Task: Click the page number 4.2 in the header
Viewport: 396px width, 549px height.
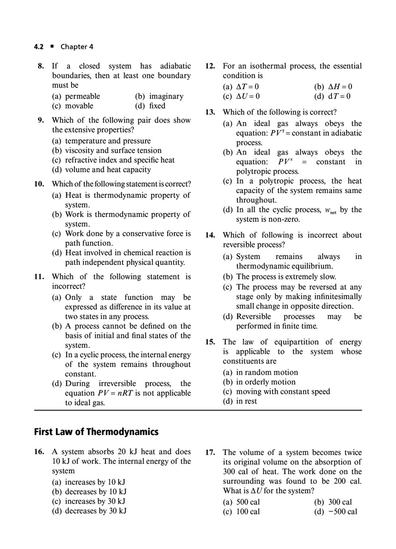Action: [x=39, y=47]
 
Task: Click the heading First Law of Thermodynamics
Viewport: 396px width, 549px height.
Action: [x=96, y=432]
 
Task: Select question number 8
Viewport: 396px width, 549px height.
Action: [x=41, y=66]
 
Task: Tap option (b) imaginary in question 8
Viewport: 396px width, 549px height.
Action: [x=159, y=96]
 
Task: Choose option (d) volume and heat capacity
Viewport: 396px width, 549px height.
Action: [x=101, y=170]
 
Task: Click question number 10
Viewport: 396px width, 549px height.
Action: [x=39, y=184]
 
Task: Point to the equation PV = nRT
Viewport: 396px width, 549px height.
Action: [x=114, y=393]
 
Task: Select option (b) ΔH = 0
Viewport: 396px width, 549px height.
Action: [x=333, y=87]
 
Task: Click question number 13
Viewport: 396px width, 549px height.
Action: [x=210, y=113]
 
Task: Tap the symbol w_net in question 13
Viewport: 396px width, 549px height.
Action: [x=331, y=211]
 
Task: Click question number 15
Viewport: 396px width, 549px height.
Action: [x=210, y=342]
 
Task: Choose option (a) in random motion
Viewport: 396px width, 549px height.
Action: [x=260, y=372]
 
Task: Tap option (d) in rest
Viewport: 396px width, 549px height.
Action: [x=240, y=401]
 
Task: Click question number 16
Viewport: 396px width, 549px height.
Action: [x=39, y=452]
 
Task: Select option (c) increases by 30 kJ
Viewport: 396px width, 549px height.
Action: [x=89, y=501]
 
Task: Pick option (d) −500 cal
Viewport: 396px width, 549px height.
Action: [x=336, y=511]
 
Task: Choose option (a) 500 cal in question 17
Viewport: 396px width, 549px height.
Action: [x=241, y=502]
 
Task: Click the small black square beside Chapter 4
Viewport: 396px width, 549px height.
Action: [x=52, y=47]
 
